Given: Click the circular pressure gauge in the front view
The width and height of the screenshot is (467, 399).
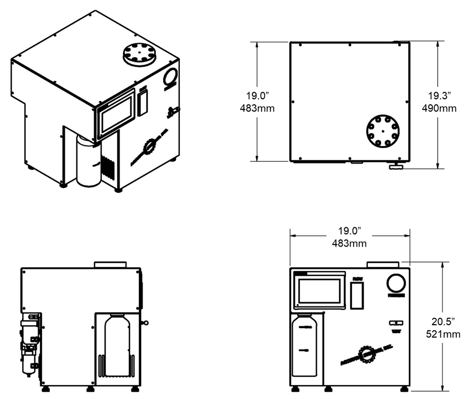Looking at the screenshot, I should tap(396, 284).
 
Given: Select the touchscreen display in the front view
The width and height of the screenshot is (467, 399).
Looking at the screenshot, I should tap(319, 291).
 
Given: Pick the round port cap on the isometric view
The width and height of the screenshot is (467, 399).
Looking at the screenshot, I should tap(140, 55).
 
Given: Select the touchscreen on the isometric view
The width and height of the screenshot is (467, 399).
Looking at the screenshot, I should tap(116, 115).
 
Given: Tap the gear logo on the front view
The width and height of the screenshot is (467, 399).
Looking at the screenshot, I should tap(365, 354).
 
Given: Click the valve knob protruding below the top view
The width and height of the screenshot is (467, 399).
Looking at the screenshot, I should tap(396, 166).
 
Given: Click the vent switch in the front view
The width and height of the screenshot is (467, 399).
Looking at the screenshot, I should tap(396, 323).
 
